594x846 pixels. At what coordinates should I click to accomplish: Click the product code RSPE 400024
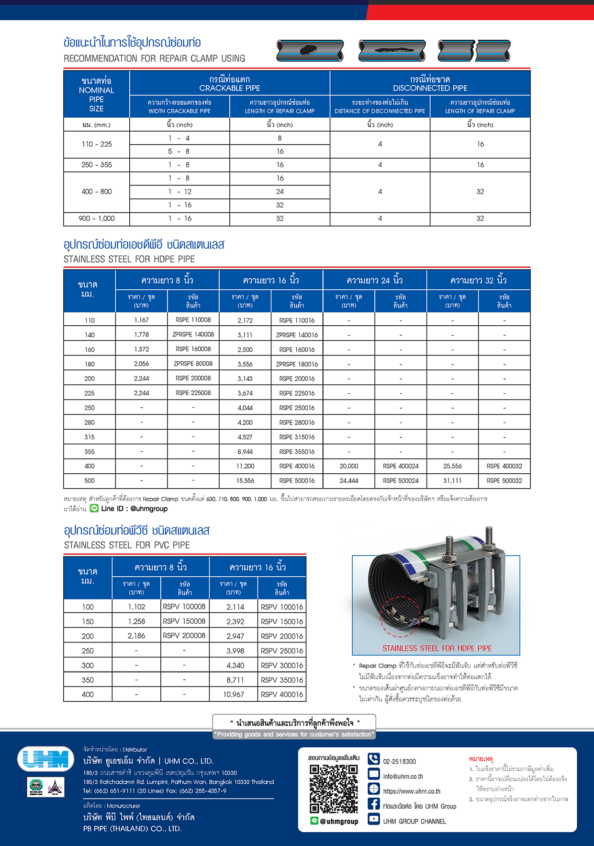click(x=401, y=466)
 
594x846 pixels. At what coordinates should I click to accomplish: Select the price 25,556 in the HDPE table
click(x=452, y=466)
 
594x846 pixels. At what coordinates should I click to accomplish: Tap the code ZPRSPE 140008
click(x=193, y=334)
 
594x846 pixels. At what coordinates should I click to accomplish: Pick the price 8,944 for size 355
click(x=245, y=452)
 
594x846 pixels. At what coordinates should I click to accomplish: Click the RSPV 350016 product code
click(x=282, y=680)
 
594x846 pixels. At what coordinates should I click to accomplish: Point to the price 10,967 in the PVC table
click(x=234, y=695)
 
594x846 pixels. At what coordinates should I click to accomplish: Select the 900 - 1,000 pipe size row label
click(x=97, y=218)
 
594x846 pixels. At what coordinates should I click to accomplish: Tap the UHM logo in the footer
click(x=46, y=759)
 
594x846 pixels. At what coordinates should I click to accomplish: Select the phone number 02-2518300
click(x=399, y=762)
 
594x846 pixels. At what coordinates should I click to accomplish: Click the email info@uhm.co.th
click(x=403, y=777)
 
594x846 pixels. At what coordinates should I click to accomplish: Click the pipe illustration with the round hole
click(x=310, y=50)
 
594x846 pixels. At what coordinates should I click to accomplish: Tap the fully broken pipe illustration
click(x=474, y=51)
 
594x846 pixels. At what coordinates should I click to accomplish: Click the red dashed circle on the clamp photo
click(x=400, y=617)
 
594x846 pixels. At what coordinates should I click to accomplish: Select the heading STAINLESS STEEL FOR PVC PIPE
click(x=127, y=545)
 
